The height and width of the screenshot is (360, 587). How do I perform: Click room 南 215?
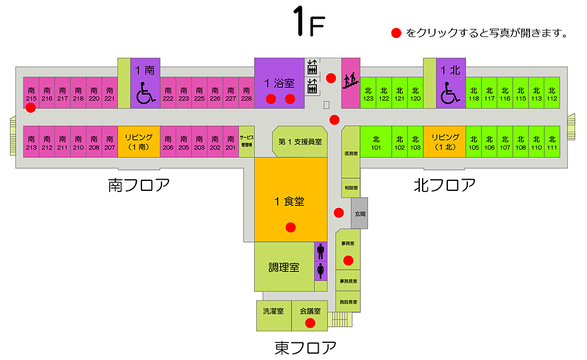(x=31, y=93)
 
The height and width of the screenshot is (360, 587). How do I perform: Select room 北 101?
(x=376, y=142)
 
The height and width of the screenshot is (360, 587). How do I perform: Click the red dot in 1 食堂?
(x=290, y=227)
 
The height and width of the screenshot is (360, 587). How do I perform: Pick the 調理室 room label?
(x=284, y=267)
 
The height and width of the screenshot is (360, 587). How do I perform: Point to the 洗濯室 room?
(x=274, y=311)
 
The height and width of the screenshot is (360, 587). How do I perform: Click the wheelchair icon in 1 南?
(x=144, y=93)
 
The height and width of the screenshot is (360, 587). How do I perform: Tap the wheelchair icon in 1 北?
(x=451, y=92)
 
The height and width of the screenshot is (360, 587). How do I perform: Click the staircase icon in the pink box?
(x=350, y=79)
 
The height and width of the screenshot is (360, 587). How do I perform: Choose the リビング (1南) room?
(x=139, y=142)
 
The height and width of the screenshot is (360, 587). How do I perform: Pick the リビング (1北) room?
(x=445, y=142)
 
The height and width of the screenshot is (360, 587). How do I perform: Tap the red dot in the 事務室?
(x=348, y=260)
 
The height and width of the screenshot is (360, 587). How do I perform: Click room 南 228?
(x=247, y=93)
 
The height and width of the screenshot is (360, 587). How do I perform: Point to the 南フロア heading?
(x=139, y=186)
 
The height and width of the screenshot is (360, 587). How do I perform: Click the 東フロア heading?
(x=305, y=348)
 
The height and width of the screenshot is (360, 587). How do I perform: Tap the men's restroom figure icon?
(x=321, y=251)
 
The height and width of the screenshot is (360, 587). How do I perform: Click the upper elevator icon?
(x=312, y=65)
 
